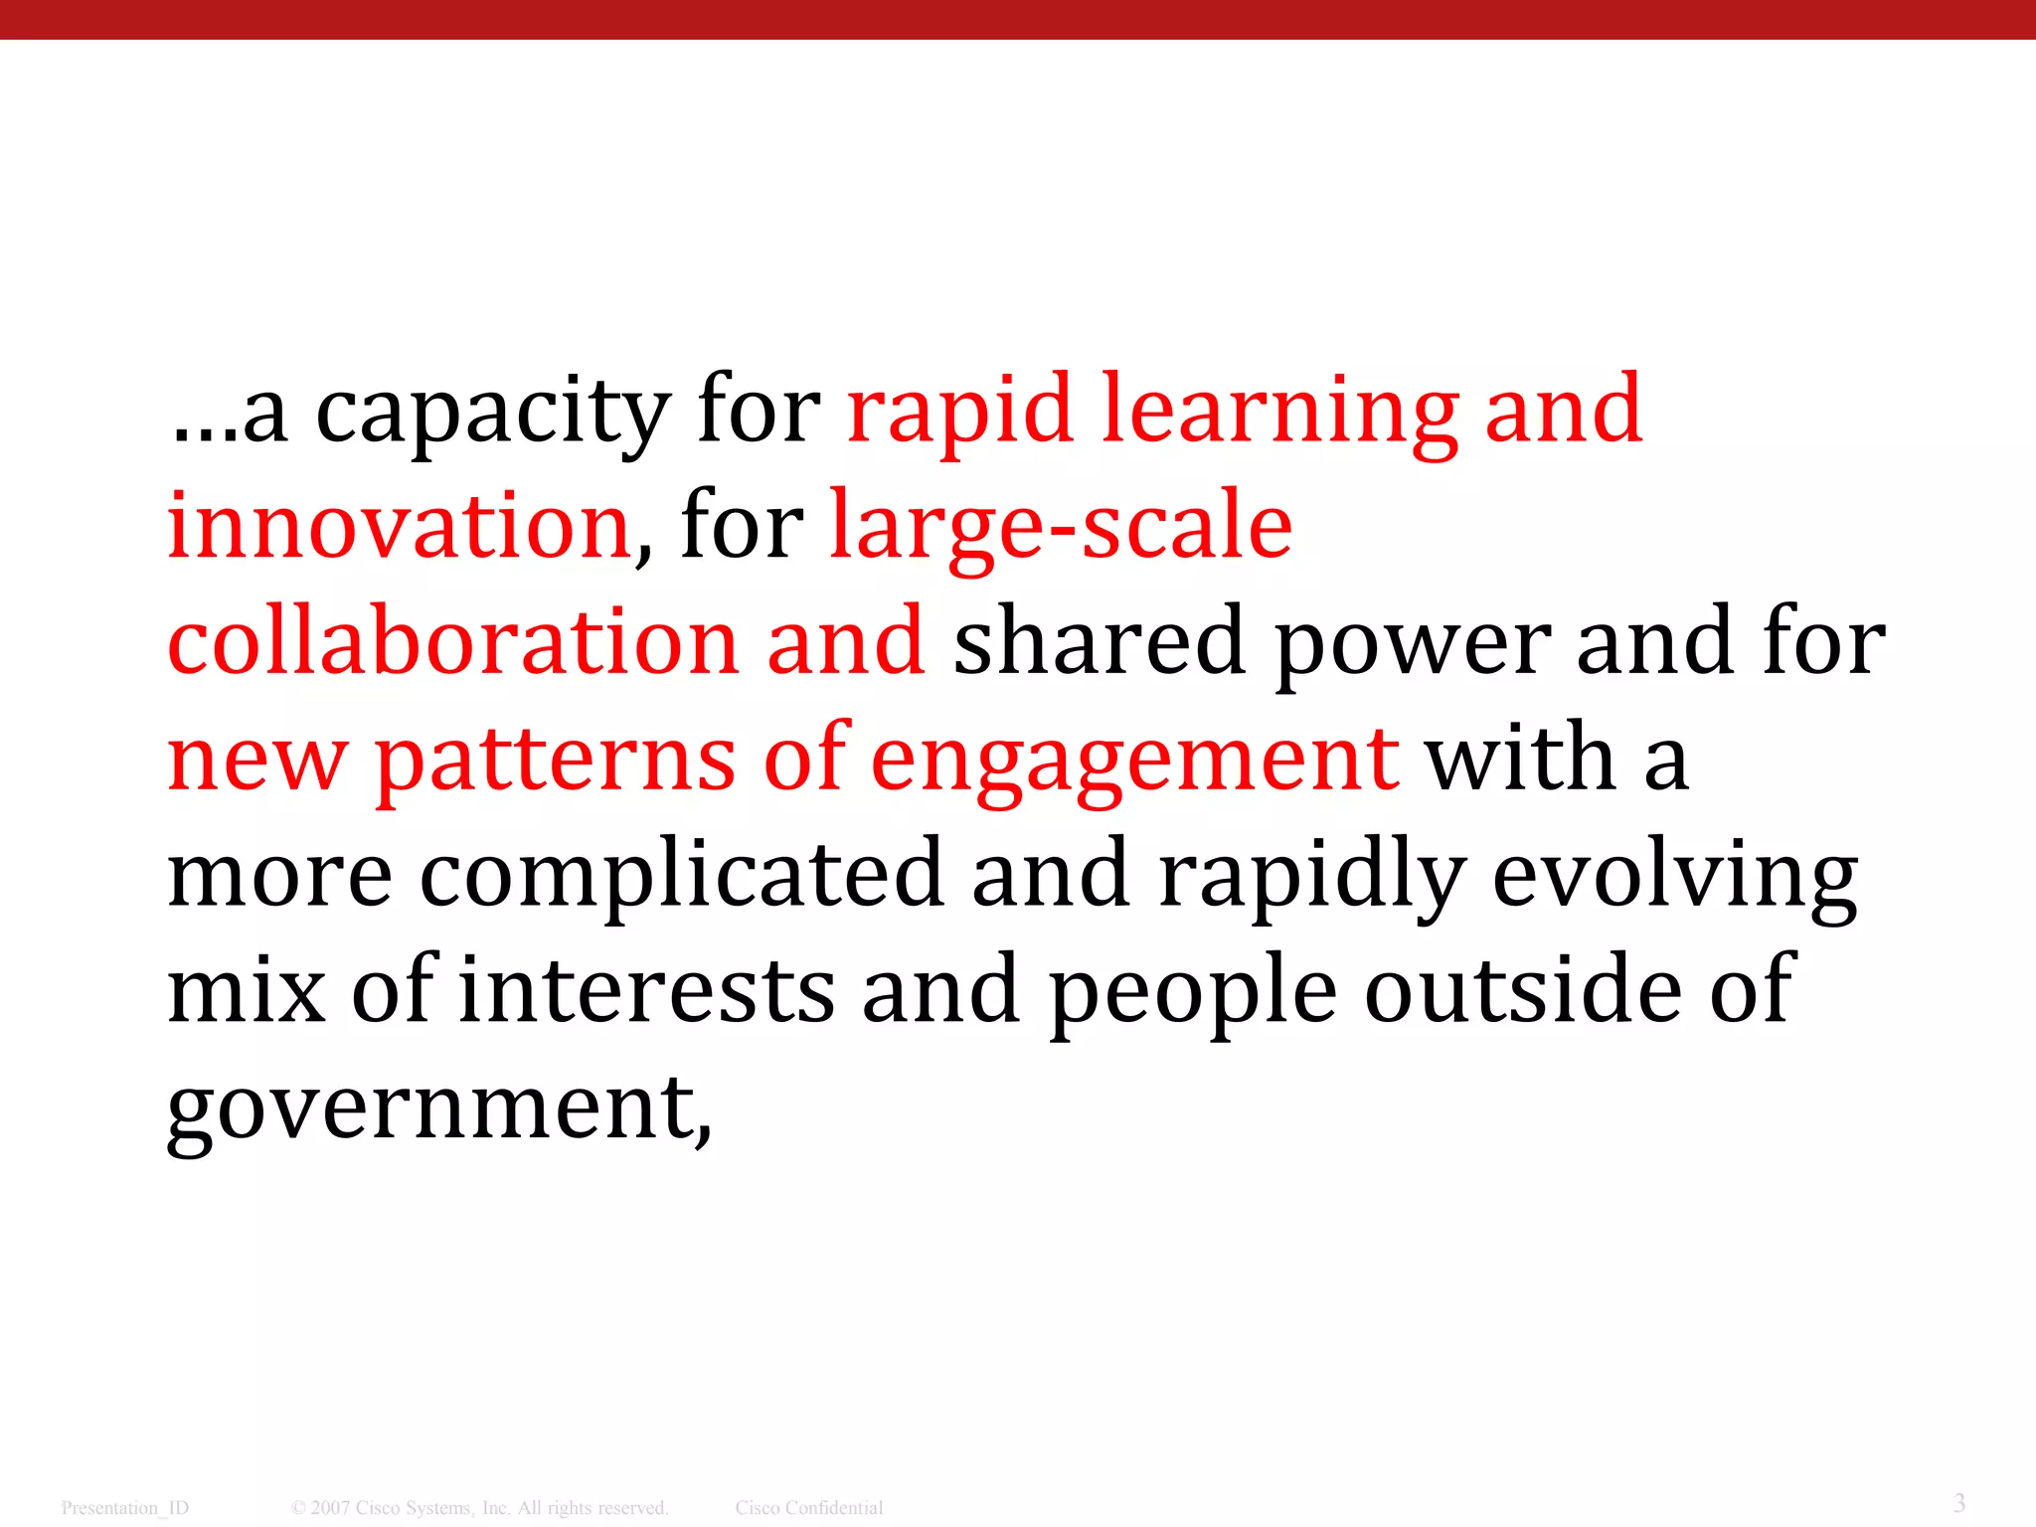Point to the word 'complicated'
pyautogui.click(x=682, y=875)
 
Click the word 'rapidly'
pyautogui.click(x=1311, y=875)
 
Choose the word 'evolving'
pyautogui.click(x=1675, y=875)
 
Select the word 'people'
pyautogui.click(x=1193, y=992)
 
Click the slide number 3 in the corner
pyautogui.click(x=1958, y=1502)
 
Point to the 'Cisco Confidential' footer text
pyautogui.click(x=809, y=1508)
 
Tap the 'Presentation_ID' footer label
pyautogui.click(x=124, y=1508)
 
